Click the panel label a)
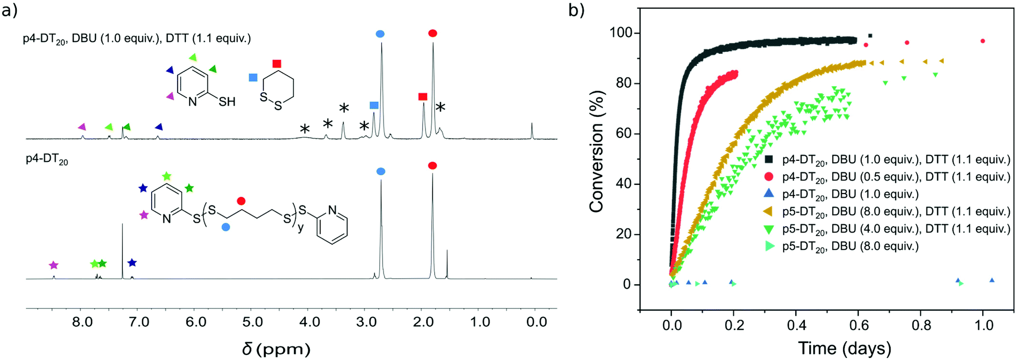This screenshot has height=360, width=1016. click(x=9, y=11)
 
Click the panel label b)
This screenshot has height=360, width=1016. click(x=577, y=11)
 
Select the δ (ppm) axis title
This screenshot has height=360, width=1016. click(x=277, y=349)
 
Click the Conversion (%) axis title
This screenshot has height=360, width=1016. click(x=597, y=152)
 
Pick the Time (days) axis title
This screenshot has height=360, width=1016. click(x=844, y=349)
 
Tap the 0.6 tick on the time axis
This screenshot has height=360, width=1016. click(x=858, y=325)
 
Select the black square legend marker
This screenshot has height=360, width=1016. click(x=769, y=159)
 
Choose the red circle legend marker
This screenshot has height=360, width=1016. click(x=769, y=177)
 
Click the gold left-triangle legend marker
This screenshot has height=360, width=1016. click(x=768, y=211)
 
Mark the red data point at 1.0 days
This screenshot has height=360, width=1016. click(x=983, y=41)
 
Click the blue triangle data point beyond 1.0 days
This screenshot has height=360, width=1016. click(x=992, y=280)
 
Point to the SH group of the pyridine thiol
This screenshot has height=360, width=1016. click(x=227, y=101)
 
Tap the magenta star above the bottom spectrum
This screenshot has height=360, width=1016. click(x=54, y=265)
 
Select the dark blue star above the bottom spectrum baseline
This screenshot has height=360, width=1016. click(x=132, y=263)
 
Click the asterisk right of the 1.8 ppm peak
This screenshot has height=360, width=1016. click(x=440, y=107)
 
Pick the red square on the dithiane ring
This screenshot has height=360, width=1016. click(x=277, y=64)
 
